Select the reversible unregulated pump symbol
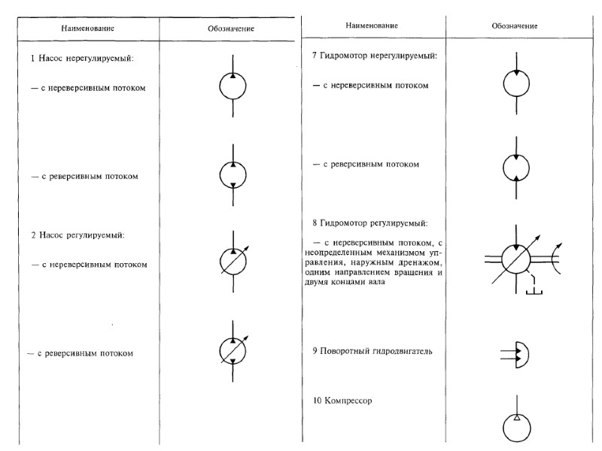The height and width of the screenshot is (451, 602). [233, 174]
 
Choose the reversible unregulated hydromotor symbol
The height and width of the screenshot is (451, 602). [515, 167]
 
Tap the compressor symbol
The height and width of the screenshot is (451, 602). [515, 428]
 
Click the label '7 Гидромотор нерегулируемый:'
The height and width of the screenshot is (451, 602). [374, 56]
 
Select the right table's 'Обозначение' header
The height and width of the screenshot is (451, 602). [514, 26]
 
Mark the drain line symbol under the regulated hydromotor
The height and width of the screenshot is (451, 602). [535, 288]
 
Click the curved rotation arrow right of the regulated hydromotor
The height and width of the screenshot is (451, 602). [555, 259]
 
